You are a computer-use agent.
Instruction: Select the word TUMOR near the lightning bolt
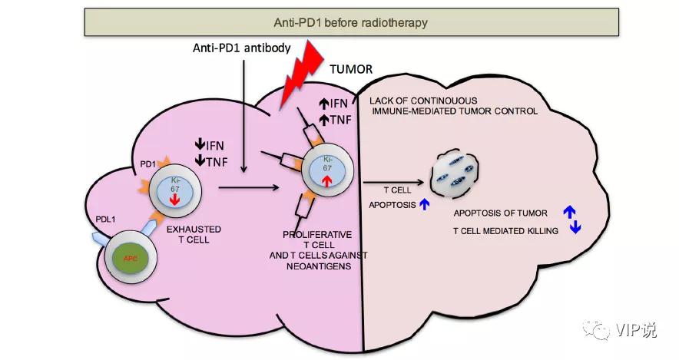coord(351,69)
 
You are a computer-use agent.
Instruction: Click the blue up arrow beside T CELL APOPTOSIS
coord(421,205)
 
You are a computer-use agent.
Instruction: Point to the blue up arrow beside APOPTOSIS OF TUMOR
coord(569,209)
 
